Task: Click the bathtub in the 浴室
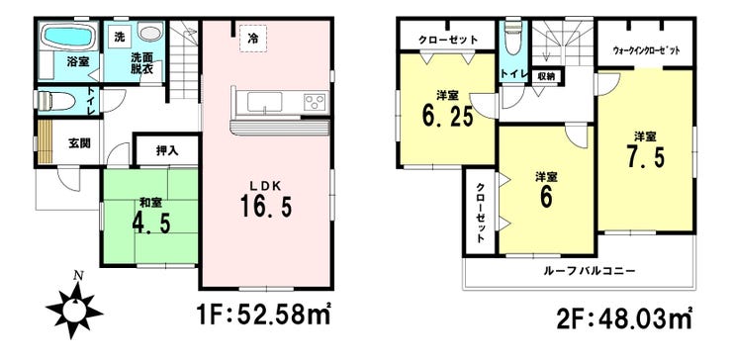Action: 66,41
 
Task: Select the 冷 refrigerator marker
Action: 253,39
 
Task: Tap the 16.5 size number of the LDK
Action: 264,209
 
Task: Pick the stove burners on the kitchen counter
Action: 315,103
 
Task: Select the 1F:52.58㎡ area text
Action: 259,318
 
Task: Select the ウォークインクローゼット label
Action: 649,47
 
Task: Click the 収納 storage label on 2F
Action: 545,75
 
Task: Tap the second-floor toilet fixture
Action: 512,42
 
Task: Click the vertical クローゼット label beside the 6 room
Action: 480,214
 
